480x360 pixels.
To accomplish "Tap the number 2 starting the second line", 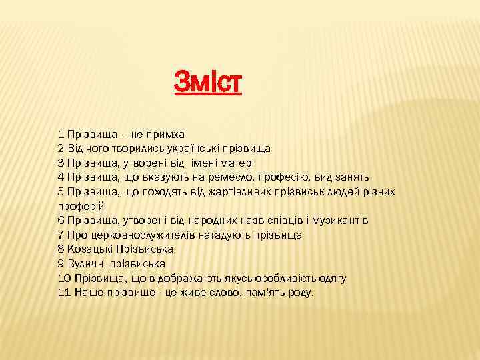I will (61, 148).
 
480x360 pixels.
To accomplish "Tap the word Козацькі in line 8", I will (90, 249).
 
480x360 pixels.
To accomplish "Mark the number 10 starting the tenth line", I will (65, 279).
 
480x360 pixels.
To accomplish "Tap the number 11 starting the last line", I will (65, 293).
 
